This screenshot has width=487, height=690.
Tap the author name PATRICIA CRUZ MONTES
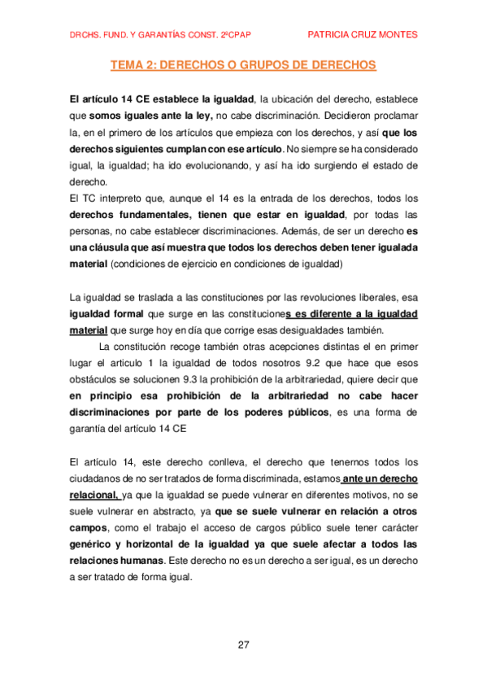click(x=363, y=34)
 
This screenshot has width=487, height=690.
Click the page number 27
click(x=243, y=644)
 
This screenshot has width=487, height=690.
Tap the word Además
click(x=306, y=231)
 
